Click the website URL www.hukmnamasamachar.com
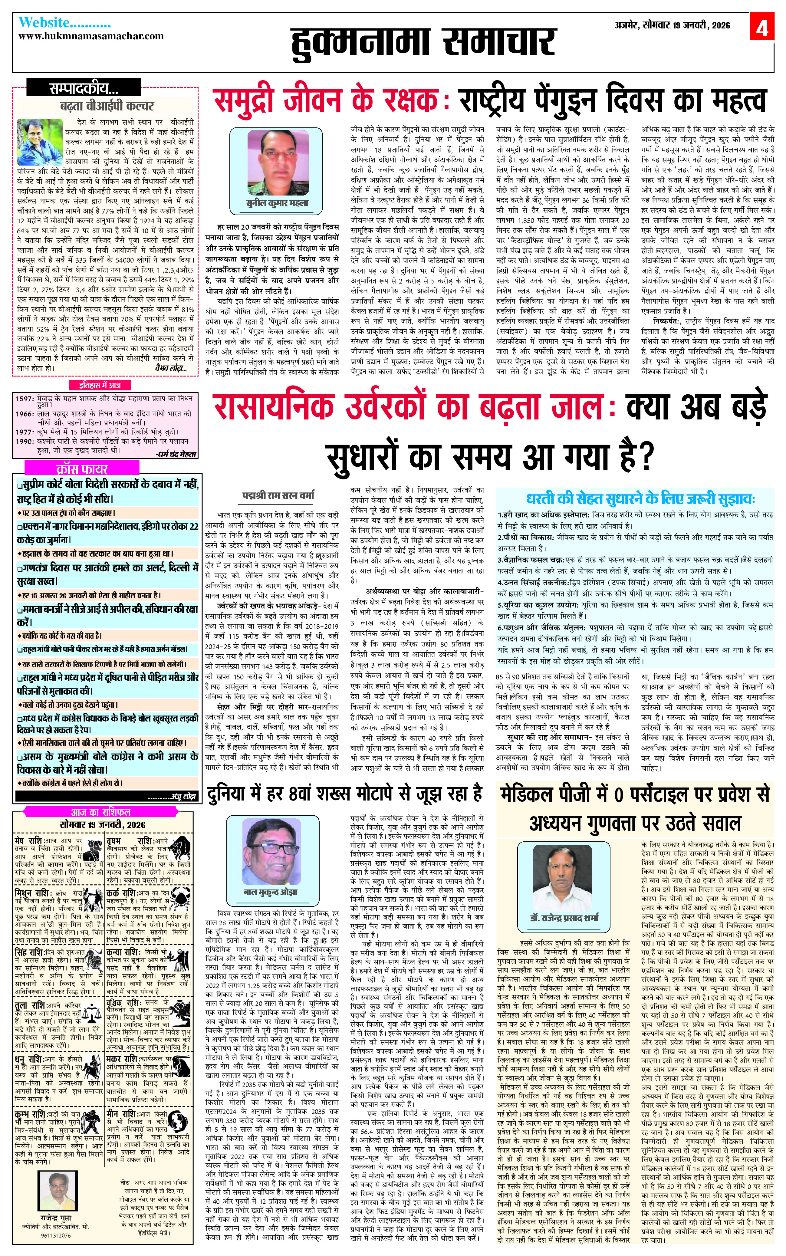(x=91, y=36)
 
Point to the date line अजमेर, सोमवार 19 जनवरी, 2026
(x=672, y=25)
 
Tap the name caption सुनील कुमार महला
(x=277, y=203)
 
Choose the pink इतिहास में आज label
(x=100, y=385)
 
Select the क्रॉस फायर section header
(x=82, y=469)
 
